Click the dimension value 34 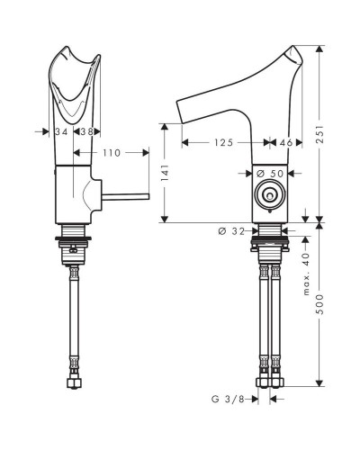tap(61, 131)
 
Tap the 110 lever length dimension tap(111, 154)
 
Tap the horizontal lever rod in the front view tap(125, 193)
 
